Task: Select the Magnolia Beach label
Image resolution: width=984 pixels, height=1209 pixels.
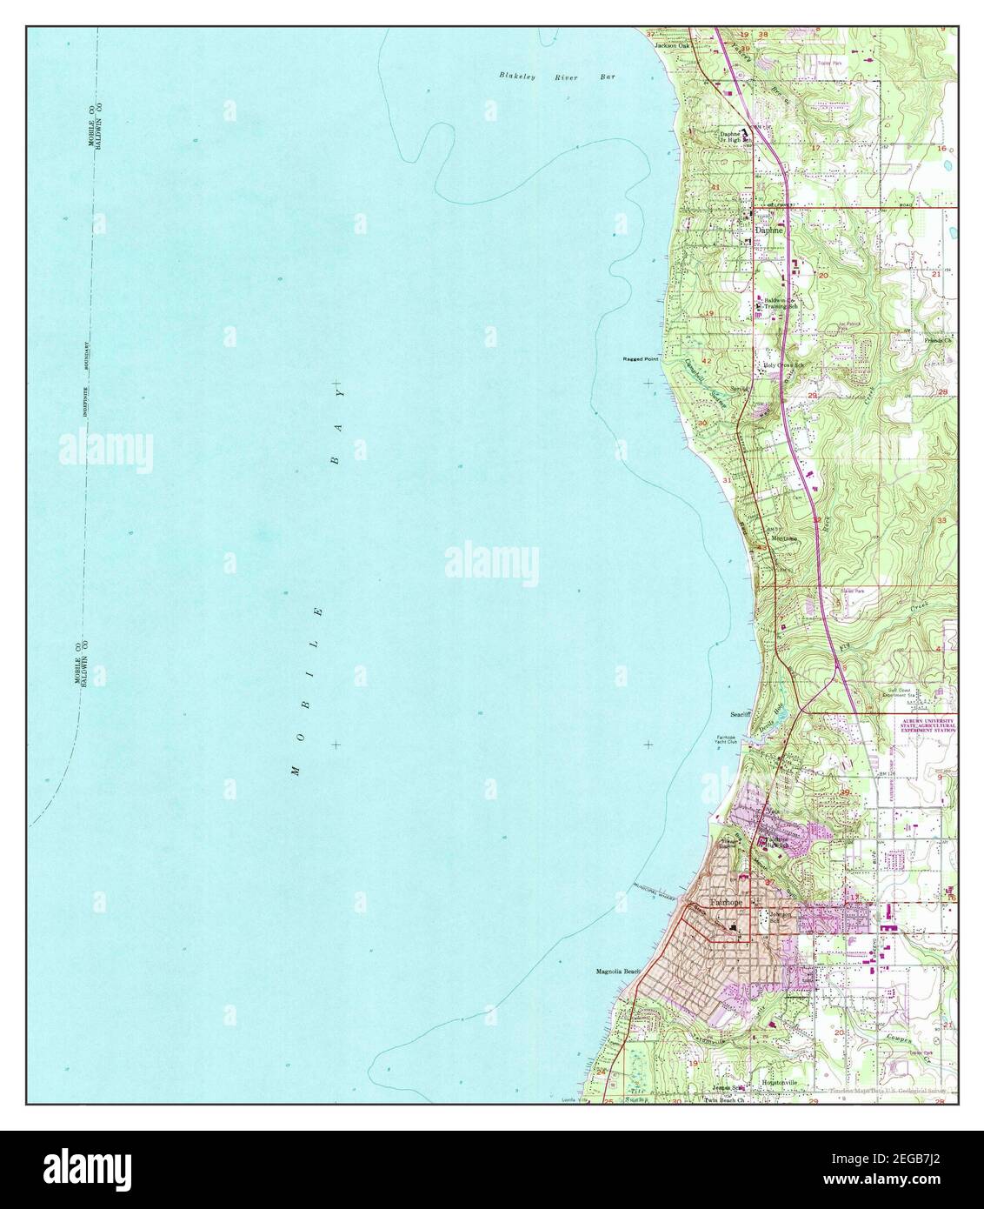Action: [617, 972]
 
